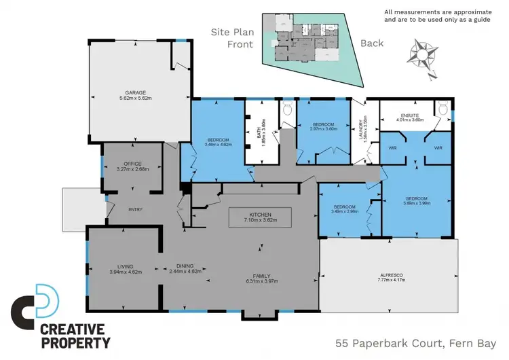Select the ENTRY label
(x=136, y=209)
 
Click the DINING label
(x=185, y=267)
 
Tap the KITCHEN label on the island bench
(x=261, y=213)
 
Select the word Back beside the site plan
(x=371, y=43)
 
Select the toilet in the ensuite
(x=444, y=108)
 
